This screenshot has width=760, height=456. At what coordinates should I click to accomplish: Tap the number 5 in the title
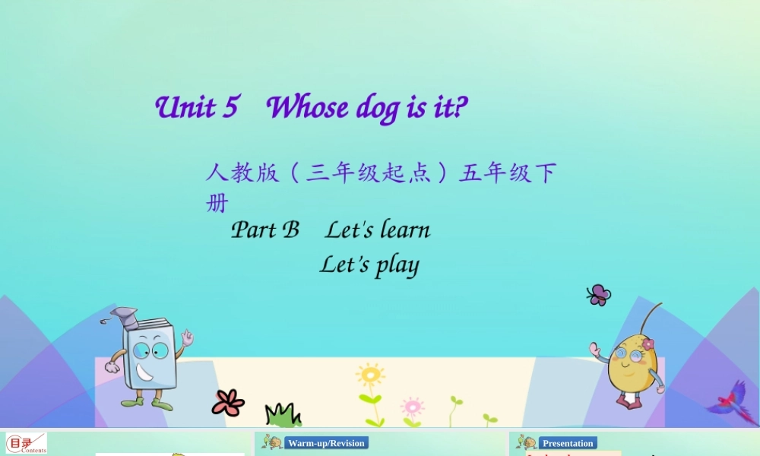(x=230, y=108)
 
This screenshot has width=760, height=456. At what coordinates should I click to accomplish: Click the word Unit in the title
(x=185, y=108)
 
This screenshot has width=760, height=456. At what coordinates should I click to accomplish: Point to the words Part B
(x=265, y=230)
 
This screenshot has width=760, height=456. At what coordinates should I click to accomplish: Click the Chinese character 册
(x=217, y=204)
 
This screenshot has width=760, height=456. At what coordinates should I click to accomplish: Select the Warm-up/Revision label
(x=326, y=443)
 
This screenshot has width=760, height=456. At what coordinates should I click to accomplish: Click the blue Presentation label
(x=568, y=443)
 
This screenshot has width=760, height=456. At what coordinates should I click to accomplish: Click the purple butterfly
(x=598, y=295)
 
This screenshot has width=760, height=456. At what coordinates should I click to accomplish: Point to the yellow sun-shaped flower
(x=370, y=375)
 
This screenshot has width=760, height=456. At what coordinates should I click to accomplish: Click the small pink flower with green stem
(x=412, y=406)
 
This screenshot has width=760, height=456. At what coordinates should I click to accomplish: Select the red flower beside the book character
(x=228, y=402)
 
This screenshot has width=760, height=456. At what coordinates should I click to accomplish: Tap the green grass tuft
(x=283, y=415)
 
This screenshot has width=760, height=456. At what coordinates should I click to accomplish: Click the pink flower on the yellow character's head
(x=648, y=344)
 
